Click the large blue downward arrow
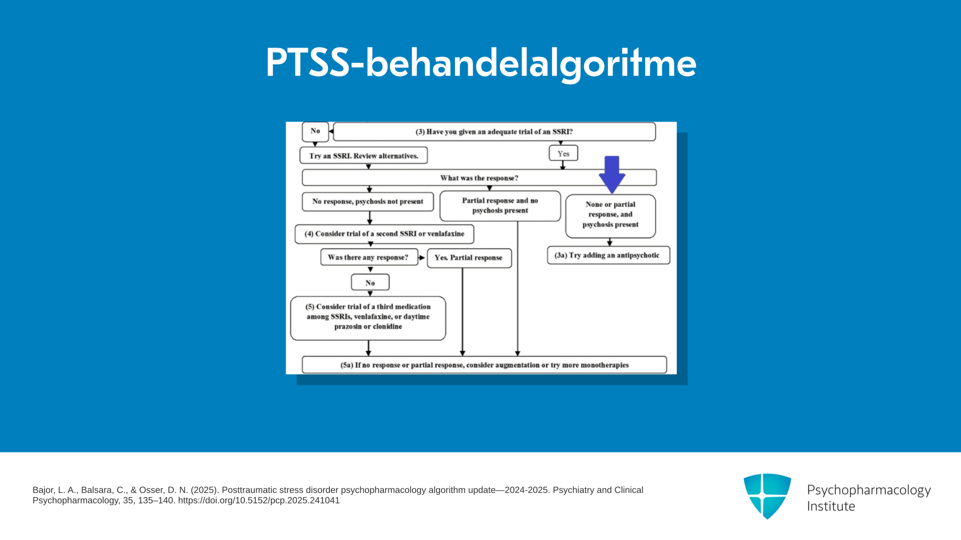coord(612,174)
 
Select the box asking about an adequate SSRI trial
coord(494,131)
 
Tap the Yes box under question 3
coord(564,153)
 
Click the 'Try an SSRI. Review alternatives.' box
coord(363,155)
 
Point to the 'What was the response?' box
coord(479,177)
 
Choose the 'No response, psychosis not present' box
coord(368,201)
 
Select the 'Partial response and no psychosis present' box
coord(500,205)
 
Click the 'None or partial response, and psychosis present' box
coord(611,216)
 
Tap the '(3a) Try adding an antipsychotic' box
coord(609,255)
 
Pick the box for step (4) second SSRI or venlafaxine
coord(384,234)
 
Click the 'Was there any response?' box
coord(369,257)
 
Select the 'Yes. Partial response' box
coord(469,258)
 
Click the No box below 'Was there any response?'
coord(370,282)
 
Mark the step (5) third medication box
coord(368,318)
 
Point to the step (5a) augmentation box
coord(485,364)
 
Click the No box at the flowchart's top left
coord(315,131)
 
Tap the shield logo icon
coord(767,496)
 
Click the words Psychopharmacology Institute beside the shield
coord(869,498)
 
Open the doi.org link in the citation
coord(259,500)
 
